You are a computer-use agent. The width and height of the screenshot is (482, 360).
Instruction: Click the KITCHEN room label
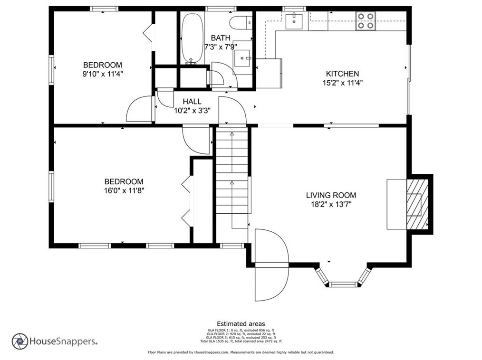(342, 74)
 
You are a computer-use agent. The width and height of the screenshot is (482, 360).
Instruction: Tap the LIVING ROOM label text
(331, 195)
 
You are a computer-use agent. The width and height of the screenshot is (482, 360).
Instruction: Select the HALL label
(192, 101)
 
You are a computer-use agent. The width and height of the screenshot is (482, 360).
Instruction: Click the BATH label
(221, 38)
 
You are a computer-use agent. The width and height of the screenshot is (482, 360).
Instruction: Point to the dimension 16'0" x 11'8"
(124, 190)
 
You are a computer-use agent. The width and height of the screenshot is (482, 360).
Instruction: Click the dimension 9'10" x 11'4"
(103, 74)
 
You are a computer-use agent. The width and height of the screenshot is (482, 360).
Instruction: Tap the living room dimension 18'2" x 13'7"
(331, 204)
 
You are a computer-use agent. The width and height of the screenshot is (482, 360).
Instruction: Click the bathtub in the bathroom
(192, 38)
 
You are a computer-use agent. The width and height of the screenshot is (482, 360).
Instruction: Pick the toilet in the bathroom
(241, 23)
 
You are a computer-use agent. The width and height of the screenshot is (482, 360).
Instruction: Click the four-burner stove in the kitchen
(365, 21)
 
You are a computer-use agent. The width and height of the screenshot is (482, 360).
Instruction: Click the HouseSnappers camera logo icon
(20, 341)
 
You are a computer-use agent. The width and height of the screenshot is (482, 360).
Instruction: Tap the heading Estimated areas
(241, 324)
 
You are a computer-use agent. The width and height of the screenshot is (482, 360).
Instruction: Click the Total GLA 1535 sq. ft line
(241, 341)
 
